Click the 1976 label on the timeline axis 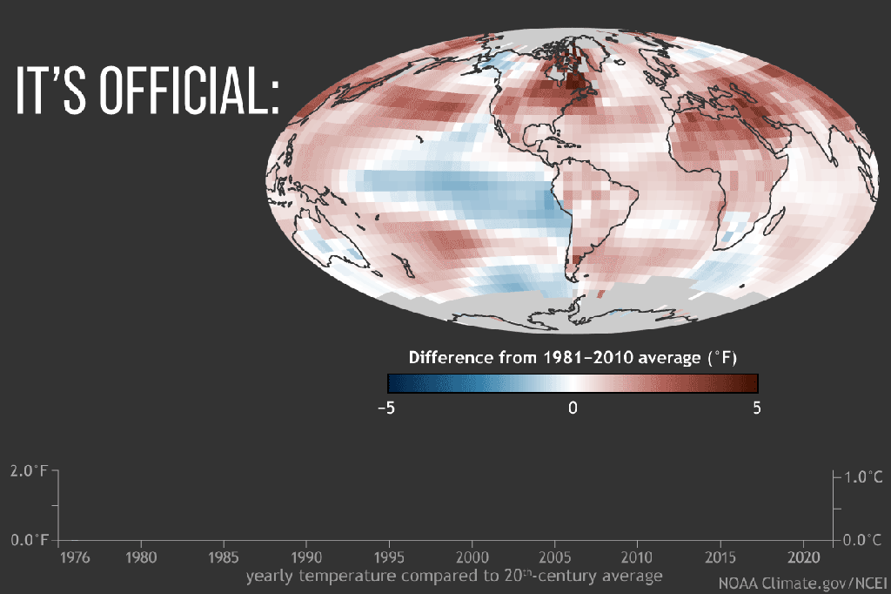[76, 557]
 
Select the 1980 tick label [141, 557]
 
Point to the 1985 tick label [224, 557]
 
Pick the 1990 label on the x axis [306, 557]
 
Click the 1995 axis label [389, 557]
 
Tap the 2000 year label [472, 557]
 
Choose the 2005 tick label [554, 557]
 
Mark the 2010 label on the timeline [637, 557]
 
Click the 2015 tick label [720, 557]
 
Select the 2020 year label [802, 557]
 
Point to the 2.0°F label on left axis [29, 471]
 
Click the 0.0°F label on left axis [29, 540]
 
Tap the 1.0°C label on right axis [864, 477]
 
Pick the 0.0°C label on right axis [864, 540]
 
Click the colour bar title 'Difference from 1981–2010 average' [573, 357]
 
